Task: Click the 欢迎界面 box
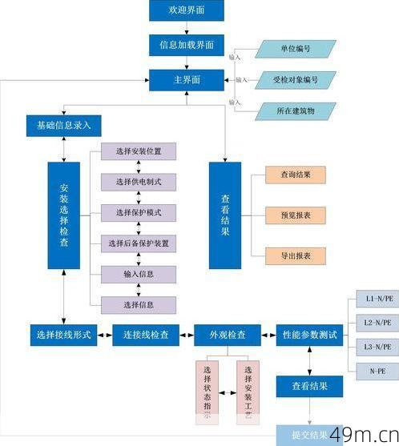186,10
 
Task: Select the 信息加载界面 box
186,46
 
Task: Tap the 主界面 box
186,80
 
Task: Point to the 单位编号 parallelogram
296,48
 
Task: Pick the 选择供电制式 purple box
139,182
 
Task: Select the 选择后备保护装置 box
139,243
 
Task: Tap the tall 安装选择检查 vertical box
64,215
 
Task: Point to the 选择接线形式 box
63,334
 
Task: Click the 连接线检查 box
146,334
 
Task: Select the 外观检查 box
228,334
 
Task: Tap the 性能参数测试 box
309,334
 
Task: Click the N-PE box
376,372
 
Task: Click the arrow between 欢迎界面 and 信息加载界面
186,27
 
